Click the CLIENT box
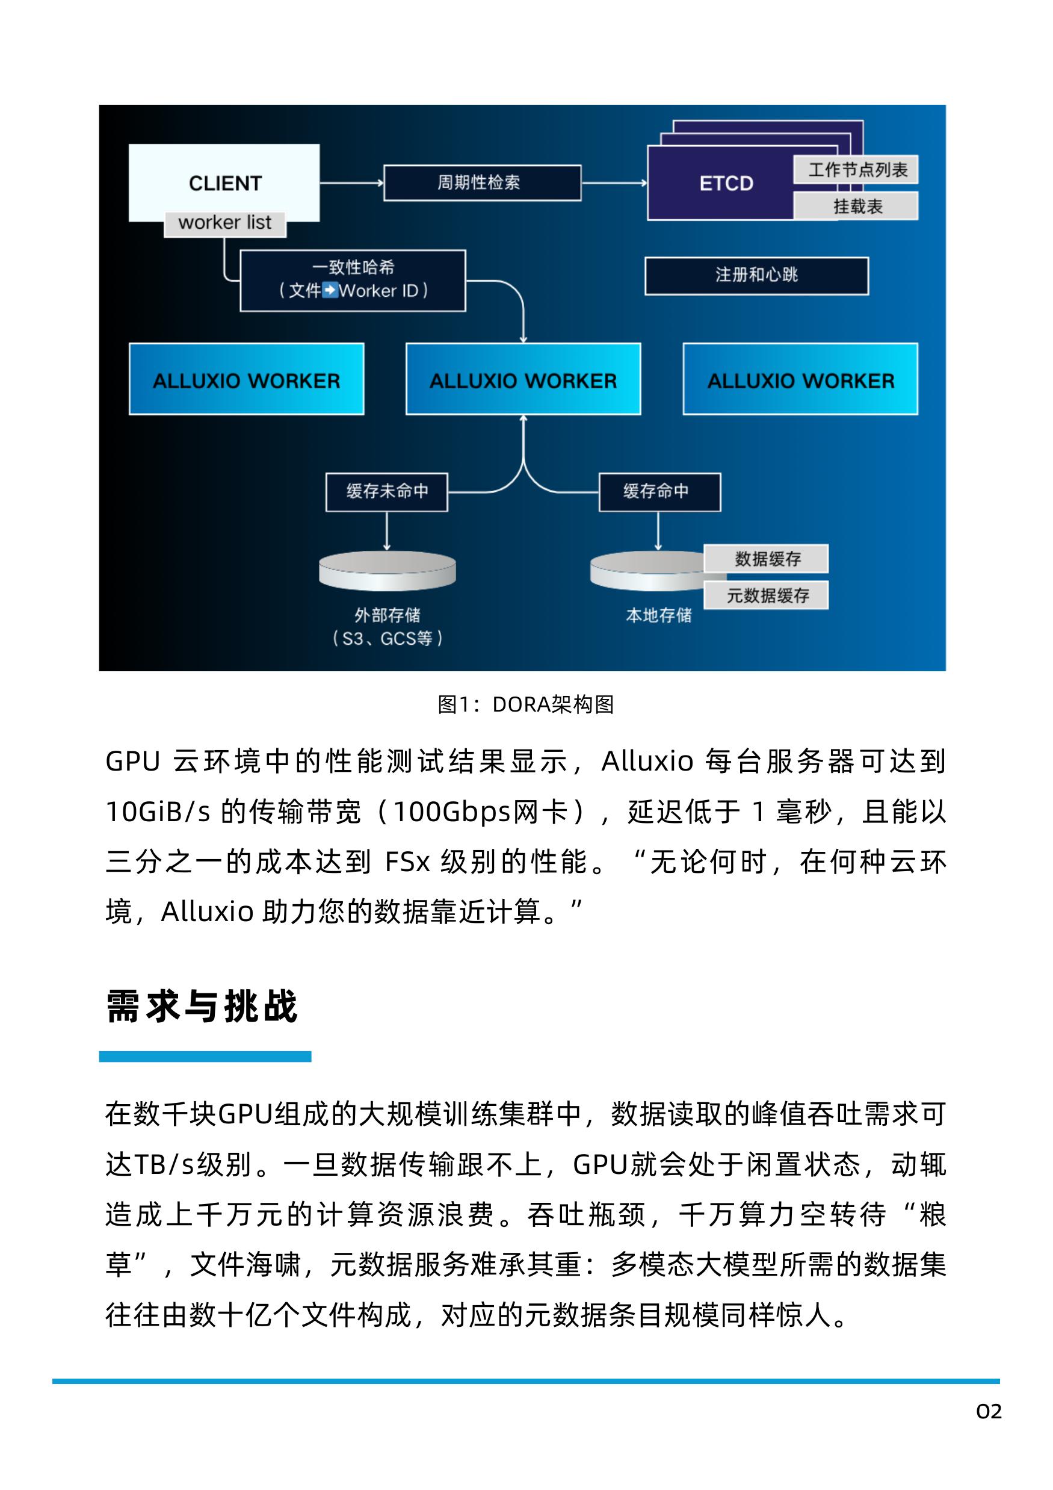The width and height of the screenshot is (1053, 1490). point(224,182)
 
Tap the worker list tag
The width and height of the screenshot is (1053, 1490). point(224,223)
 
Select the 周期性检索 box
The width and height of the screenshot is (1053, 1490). point(481,182)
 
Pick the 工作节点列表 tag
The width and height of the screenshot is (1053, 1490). point(856,170)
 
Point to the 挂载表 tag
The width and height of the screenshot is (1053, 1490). point(856,206)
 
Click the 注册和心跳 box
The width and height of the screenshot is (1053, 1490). point(756,275)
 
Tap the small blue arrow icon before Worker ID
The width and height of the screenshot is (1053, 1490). point(330,290)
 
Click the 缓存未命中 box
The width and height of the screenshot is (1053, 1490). point(387,492)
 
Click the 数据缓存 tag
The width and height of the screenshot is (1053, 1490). point(766,559)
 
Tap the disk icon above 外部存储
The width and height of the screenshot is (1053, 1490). point(387,571)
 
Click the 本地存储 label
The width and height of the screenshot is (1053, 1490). point(658,615)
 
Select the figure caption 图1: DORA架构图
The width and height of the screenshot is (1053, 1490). point(525,704)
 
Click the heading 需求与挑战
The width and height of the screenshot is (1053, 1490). point(202,1007)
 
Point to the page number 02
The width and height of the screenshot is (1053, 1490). point(988,1412)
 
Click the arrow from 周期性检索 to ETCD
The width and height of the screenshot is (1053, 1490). point(614,183)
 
